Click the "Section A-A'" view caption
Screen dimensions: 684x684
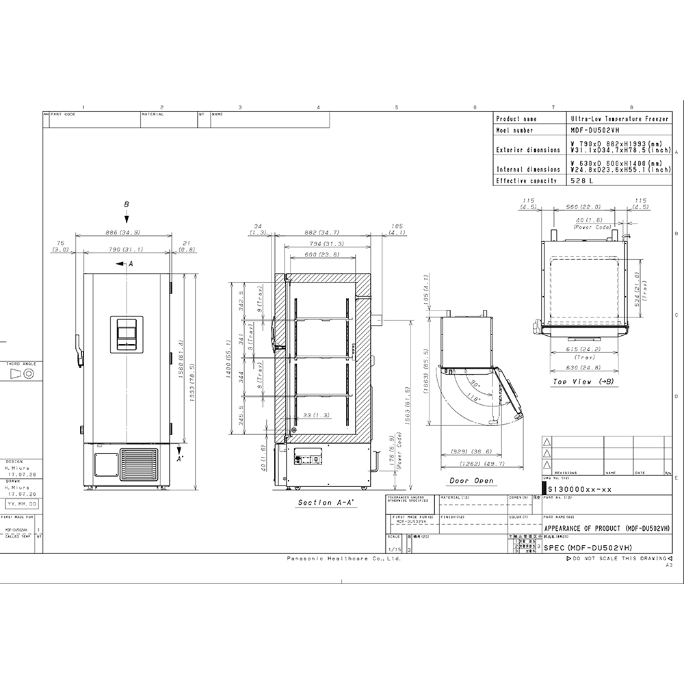coord(324,503)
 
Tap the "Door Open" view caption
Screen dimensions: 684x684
coord(471,481)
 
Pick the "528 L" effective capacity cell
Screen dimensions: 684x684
coord(579,181)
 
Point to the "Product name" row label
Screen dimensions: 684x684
coord(516,118)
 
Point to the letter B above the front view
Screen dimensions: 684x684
coord(127,204)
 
